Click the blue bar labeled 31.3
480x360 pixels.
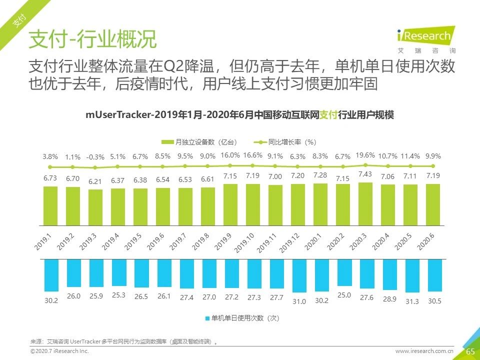(412, 275)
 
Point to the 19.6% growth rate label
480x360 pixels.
(365, 155)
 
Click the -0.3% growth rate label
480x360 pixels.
(95, 156)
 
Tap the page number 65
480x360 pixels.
(470, 351)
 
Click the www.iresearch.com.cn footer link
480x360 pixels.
(424, 351)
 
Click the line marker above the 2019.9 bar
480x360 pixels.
(230, 165)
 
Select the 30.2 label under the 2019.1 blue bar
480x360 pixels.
(50, 300)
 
